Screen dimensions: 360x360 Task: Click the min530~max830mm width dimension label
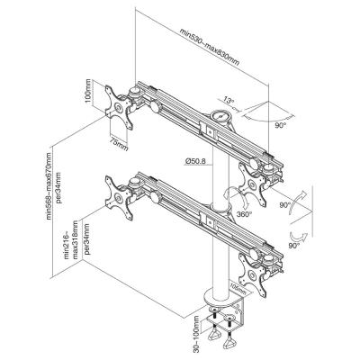point(210,47)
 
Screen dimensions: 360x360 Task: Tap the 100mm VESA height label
point(88,91)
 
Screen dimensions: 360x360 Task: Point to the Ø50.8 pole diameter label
point(195,161)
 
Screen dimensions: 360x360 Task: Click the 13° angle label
point(229,101)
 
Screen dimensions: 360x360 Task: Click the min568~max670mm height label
point(49,186)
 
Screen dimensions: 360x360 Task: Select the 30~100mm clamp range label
point(196,332)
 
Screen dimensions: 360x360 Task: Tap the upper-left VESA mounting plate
point(119,107)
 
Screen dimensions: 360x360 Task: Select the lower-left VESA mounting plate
point(119,198)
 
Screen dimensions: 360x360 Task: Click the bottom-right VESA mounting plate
point(253,275)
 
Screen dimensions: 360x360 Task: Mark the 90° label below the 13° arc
point(280,125)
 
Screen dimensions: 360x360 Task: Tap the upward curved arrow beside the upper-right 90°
point(298,202)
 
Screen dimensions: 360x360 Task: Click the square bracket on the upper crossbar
point(208,130)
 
